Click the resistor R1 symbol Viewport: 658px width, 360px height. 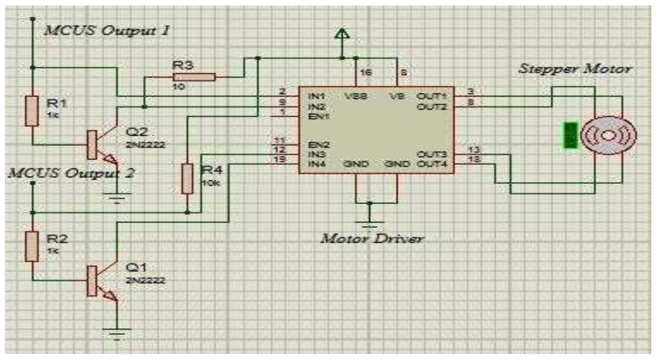[32, 110]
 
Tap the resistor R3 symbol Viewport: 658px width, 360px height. [194, 77]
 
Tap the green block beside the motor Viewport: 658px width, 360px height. [570, 135]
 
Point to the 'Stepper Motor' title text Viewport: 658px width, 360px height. [575, 70]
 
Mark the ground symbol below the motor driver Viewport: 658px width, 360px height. [369, 222]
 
